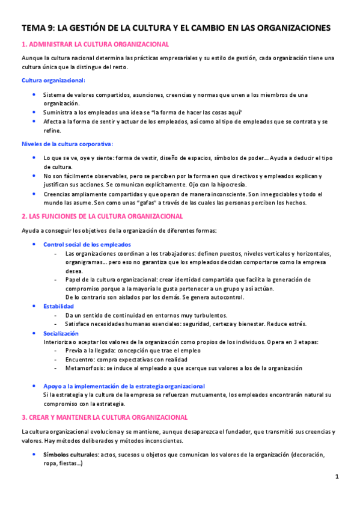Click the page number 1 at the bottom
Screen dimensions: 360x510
tap(337, 476)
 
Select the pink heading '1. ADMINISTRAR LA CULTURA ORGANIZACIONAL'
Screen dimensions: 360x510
tap(95, 45)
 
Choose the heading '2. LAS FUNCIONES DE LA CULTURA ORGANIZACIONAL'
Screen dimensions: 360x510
tap(102, 216)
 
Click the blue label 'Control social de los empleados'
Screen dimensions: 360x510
tap(87, 245)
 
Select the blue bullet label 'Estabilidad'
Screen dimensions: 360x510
tap(59, 306)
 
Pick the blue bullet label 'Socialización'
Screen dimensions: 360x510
tap(61, 333)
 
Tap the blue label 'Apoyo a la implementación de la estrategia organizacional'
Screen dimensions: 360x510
tap(124, 386)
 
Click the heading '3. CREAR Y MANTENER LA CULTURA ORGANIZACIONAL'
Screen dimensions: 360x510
tap(105, 417)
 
